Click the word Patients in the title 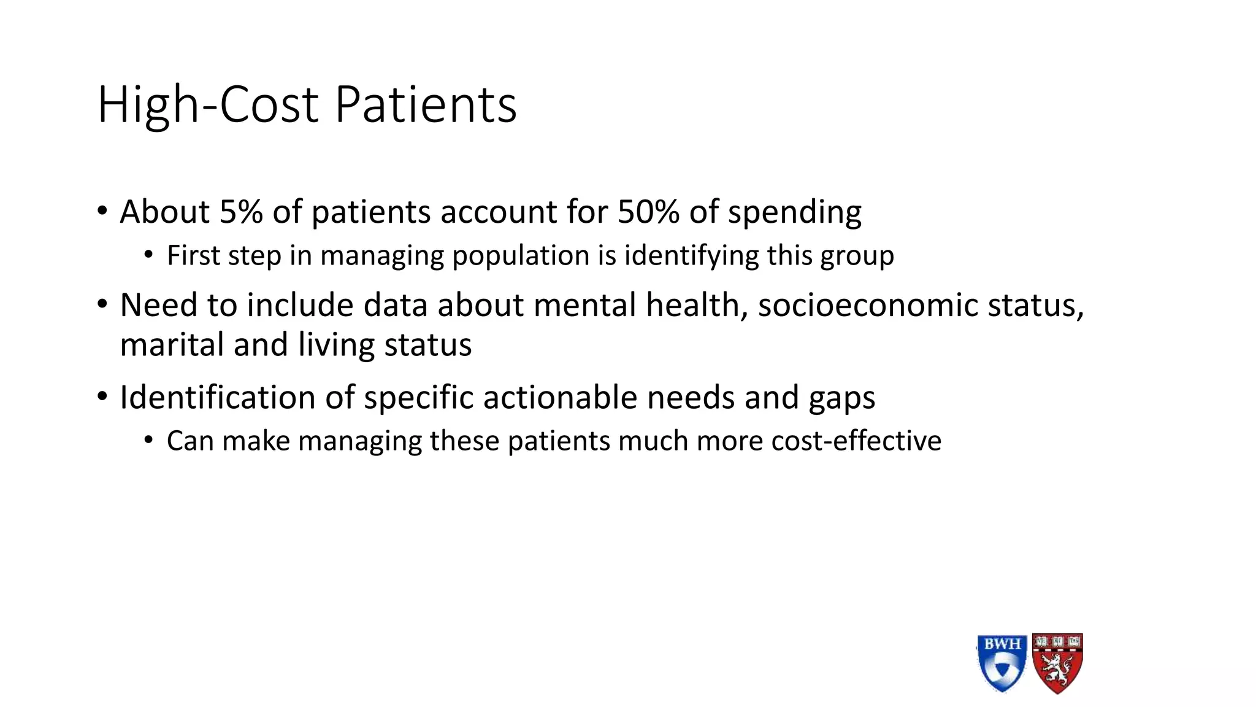(x=426, y=105)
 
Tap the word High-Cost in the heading (x=207, y=105)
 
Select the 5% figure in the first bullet (x=241, y=212)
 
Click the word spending (x=794, y=213)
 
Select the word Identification (x=217, y=397)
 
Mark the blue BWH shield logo (x=1001, y=663)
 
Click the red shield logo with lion (x=1057, y=663)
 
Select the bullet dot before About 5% (x=102, y=212)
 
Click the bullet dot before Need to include (x=102, y=305)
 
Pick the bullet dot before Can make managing (x=148, y=441)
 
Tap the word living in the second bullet (x=336, y=346)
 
